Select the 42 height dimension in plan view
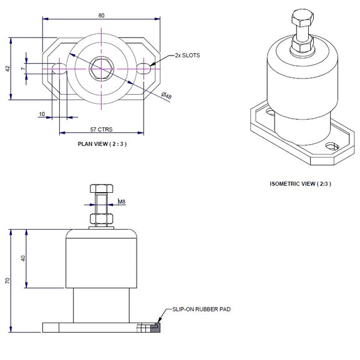7,68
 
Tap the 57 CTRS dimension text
101,130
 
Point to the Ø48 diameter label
167,95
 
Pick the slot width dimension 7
22,68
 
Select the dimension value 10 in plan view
42,115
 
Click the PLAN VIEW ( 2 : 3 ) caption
101,143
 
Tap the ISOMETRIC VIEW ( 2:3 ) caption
299,184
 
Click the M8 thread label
122,202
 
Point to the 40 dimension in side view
23,259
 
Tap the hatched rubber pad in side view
155,326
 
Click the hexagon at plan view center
101,66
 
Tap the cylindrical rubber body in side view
101,259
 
